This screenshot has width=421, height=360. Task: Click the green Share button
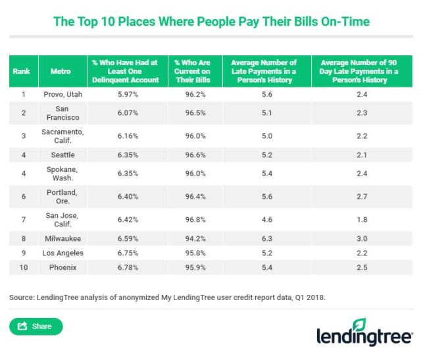tap(36, 326)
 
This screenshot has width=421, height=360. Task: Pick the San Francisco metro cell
tap(62, 113)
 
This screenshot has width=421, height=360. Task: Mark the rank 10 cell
tap(23, 268)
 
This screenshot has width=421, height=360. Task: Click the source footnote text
tap(167, 297)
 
